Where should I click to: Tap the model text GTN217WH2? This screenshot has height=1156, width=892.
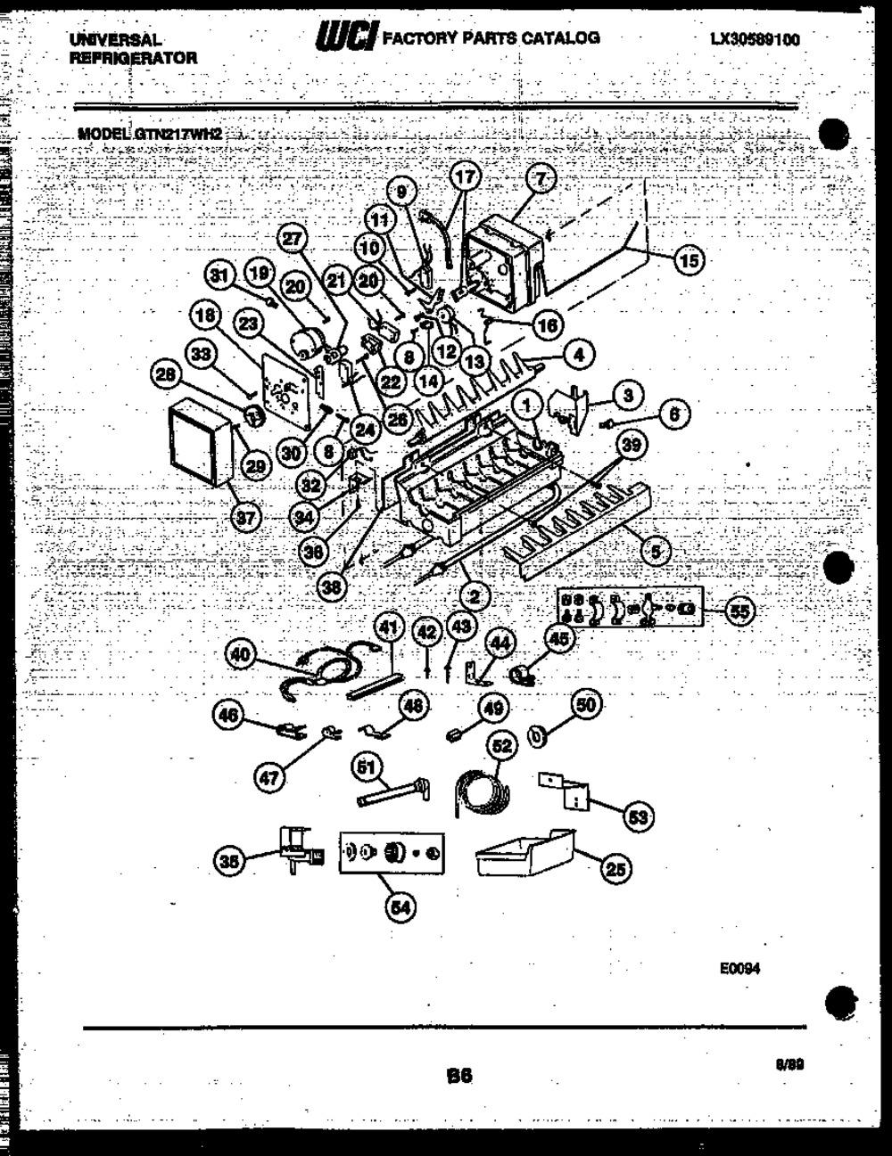(x=178, y=134)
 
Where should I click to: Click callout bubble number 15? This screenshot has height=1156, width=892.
(x=688, y=260)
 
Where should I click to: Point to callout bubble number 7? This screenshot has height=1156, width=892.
(x=540, y=179)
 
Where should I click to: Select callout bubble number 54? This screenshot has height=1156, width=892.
(x=401, y=906)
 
